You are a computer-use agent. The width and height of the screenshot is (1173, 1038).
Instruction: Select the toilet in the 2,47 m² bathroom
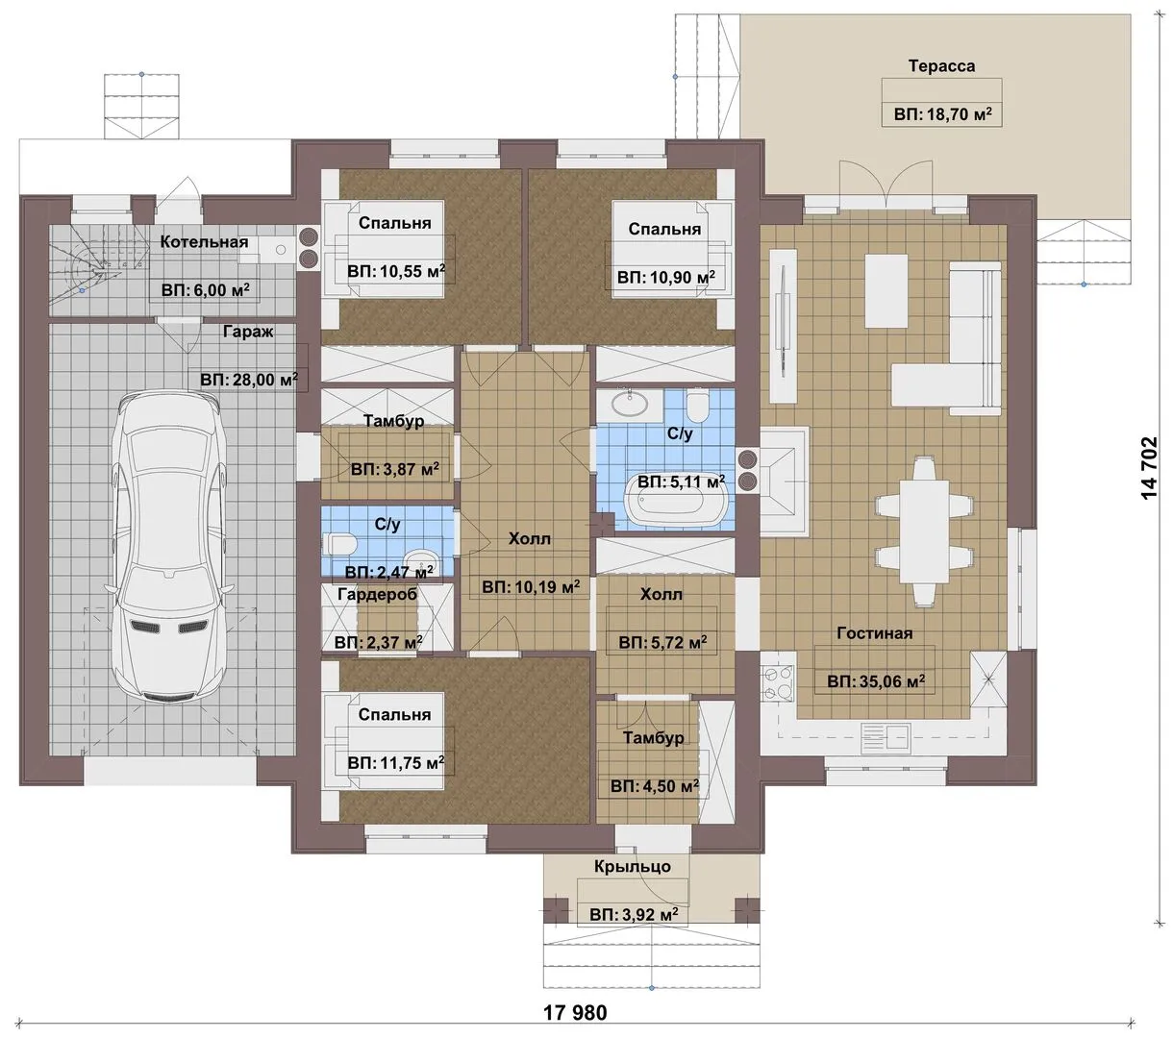point(341,544)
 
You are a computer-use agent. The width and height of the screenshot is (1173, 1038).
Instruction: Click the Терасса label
point(941,66)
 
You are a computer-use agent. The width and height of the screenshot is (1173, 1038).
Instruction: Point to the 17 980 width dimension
point(575,1012)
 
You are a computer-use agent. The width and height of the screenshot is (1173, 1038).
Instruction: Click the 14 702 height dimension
point(1149,467)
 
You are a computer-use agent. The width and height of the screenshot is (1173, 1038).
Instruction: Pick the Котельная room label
point(204,242)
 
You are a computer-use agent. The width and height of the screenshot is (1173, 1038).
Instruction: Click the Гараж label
point(248,332)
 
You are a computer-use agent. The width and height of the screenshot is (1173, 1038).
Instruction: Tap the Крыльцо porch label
point(633,867)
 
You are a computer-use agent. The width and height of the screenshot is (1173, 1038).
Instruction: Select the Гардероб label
point(378,595)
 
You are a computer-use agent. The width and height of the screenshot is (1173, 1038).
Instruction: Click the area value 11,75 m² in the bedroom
point(395,762)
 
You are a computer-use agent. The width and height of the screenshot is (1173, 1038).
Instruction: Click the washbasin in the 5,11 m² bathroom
point(629,403)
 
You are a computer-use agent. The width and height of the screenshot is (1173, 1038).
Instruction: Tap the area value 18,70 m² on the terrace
point(942,114)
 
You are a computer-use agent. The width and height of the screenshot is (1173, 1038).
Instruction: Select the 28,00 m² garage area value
point(249,380)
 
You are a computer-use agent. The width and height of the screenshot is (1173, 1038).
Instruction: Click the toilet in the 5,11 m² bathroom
point(696,406)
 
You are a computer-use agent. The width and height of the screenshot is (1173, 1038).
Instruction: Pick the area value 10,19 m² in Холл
point(531,587)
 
